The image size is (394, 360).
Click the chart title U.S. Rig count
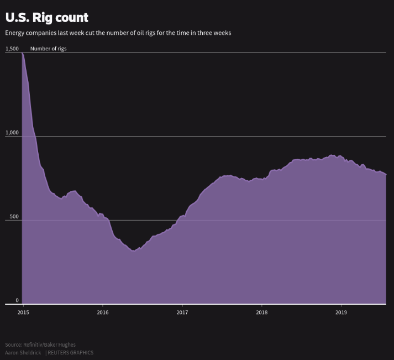point(46,18)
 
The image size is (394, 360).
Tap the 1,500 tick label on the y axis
point(12,49)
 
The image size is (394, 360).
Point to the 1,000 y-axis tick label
point(12,133)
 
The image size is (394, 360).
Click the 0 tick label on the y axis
point(17,300)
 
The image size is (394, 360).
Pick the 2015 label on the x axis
point(23,312)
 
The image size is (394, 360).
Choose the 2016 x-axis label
point(102,312)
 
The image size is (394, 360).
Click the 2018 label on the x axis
point(261,312)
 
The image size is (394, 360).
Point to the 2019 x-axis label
point(341,312)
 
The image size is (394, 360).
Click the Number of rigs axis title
point(48,49)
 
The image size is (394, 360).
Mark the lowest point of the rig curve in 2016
point(133,251)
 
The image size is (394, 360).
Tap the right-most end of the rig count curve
point(386,174)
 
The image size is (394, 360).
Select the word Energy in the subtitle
point(15,33)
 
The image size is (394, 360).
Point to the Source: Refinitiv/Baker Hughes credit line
point(40,345)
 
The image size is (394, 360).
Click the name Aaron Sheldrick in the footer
point(23,352)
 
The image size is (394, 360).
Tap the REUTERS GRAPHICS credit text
point(70,352)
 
